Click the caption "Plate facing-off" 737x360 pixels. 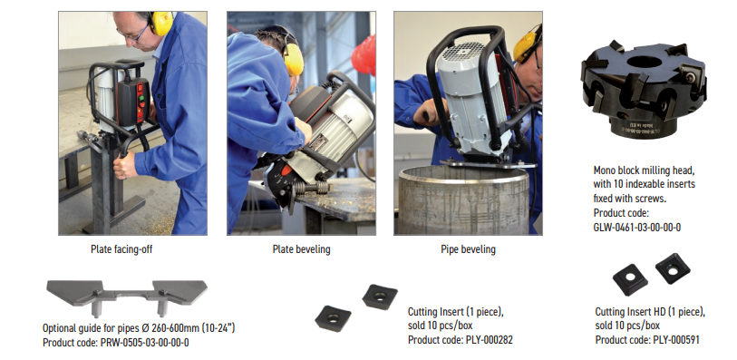pos(121,249)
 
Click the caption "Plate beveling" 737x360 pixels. pos(301,249)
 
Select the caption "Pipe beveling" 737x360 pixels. pos(468,249)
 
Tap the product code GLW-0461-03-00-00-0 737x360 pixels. pos(637,228)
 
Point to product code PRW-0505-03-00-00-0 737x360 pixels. pos(145,343)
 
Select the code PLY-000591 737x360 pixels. pos(676,340)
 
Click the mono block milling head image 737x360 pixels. pos(644,89)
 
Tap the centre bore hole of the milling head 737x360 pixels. pos(645,62)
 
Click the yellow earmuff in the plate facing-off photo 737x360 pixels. pos(161,24)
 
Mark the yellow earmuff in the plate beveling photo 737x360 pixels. pos(294,60)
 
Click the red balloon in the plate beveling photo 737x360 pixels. pos(364,55)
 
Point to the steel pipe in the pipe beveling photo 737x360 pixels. pos(464,199)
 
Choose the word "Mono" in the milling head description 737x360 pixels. pos(605,170)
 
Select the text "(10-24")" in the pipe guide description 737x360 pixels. pos(218,328)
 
